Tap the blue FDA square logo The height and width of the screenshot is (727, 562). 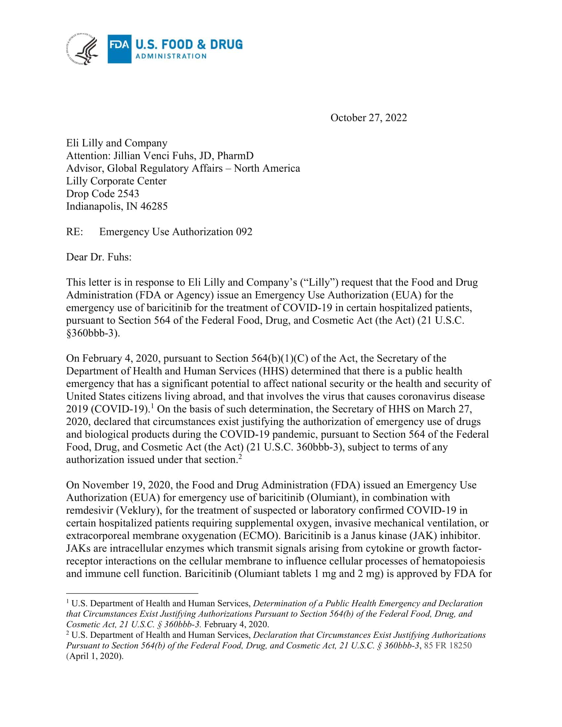point(119,49)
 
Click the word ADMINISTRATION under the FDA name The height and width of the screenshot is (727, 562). point(171,56)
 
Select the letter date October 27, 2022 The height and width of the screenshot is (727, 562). point(368,118)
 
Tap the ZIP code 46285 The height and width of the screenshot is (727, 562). point(154,207)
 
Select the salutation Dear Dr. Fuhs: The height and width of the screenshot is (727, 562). point(99,257)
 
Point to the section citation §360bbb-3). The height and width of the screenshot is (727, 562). point(93,333)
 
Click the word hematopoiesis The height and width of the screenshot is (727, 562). point(454,561)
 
